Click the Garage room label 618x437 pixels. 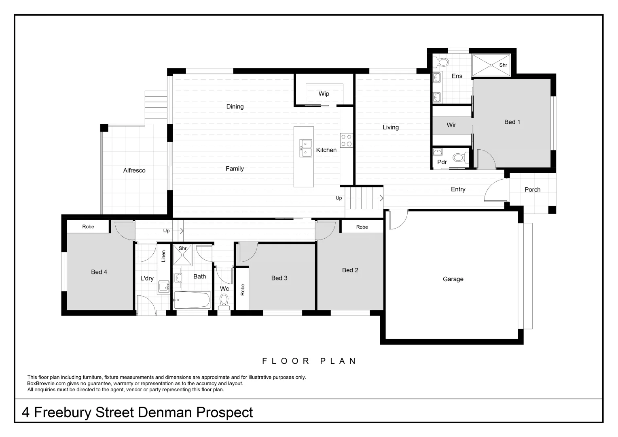[x=453, y=279]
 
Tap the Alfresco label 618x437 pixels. [x=134, y=170]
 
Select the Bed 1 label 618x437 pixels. [x=512, y=122]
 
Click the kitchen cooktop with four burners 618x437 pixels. [x=346, y=140]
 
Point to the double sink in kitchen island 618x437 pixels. [x=305, y=148]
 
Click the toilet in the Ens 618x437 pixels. [x=442, y=63]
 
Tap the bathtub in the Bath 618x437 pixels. [x=192, y=300]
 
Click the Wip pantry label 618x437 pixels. [x=324, y=93]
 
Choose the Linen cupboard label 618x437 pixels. [x=163, y=256]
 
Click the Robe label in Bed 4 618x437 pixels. [x=88, y=227]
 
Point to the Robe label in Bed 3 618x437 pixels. [x=243, y=289]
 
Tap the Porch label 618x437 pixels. [x=532, y=189]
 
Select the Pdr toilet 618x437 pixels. [x=459, y=157]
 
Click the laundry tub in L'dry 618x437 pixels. [x=163, y=286]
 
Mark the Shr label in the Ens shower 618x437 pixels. [x=503, y=65]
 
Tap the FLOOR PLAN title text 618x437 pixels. [x=309, y=361]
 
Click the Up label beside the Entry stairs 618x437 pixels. [x=339, y=198]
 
